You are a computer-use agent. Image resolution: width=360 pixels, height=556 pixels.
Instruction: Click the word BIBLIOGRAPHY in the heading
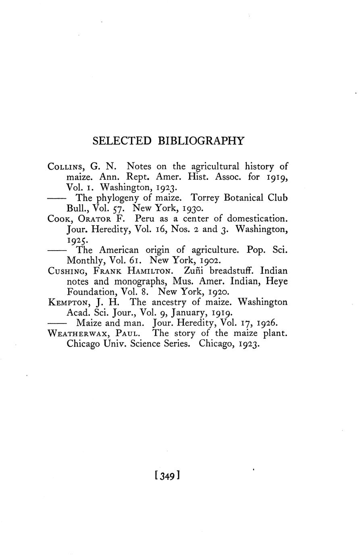click(200, 141)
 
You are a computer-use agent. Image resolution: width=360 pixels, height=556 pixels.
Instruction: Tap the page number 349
click(166, 476)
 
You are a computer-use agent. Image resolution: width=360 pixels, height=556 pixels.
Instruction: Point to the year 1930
click(195, 209)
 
